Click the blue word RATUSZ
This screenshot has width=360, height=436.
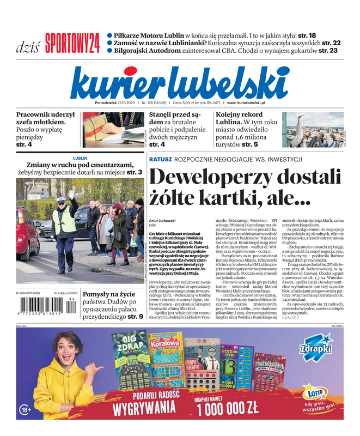161,159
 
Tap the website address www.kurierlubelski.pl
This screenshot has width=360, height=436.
246,102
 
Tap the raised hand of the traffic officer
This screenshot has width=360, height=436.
71,193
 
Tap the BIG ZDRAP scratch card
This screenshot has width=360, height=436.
129,357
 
